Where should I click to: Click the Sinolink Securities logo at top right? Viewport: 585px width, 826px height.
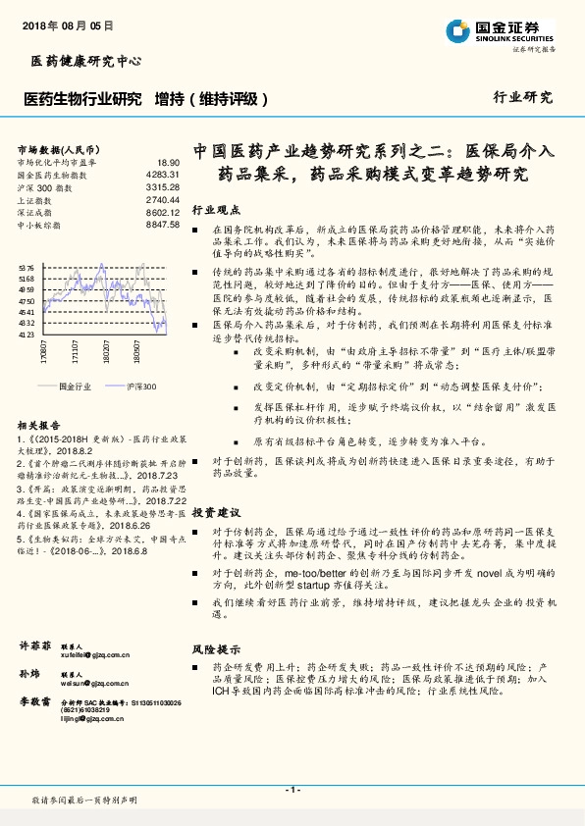(x=501, y=31)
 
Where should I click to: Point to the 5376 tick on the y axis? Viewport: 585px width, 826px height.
(x=27, y=267)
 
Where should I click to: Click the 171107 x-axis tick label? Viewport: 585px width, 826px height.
(x=74, y=350)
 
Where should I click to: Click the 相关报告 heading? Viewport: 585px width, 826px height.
(x=39, y=425)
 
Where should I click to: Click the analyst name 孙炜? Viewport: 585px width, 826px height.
(x=30, y=676)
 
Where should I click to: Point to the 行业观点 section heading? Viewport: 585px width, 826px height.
(x=214, y=210)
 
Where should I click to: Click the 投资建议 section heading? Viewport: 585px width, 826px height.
(x=214, y=513)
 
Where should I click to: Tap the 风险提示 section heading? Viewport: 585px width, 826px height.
(x=214, y=649)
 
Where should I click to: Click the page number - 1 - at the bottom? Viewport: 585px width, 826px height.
(x=292, y=790)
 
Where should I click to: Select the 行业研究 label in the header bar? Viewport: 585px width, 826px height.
(x=522, y=98)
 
